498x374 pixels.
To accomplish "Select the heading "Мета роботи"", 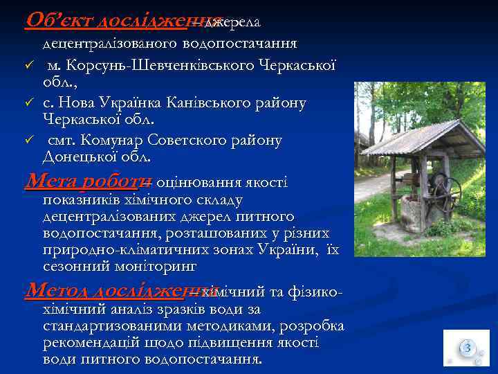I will (88, 181).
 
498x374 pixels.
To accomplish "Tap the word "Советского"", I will (183, 141).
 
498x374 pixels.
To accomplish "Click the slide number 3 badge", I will (467, 348).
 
